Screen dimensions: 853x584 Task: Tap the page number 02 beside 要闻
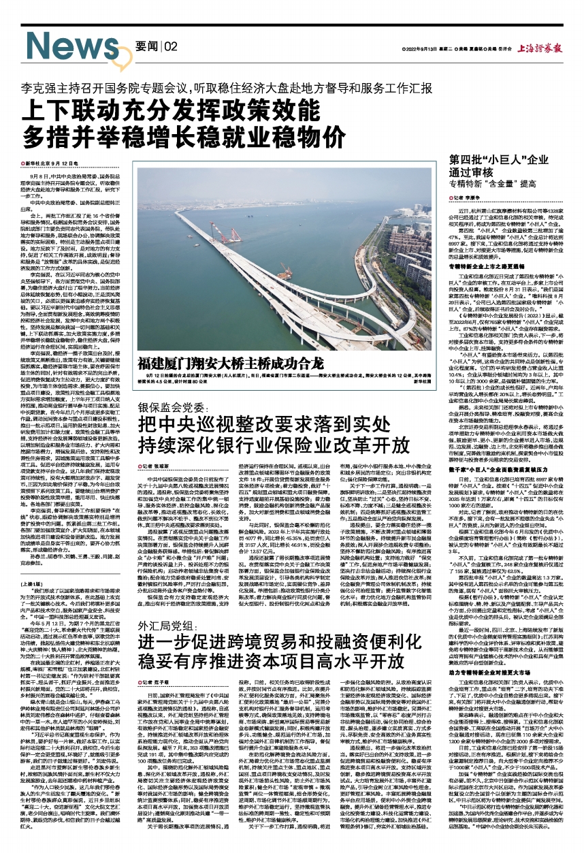click(169, 46)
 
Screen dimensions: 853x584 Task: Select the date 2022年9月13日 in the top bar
click(427, 48)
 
